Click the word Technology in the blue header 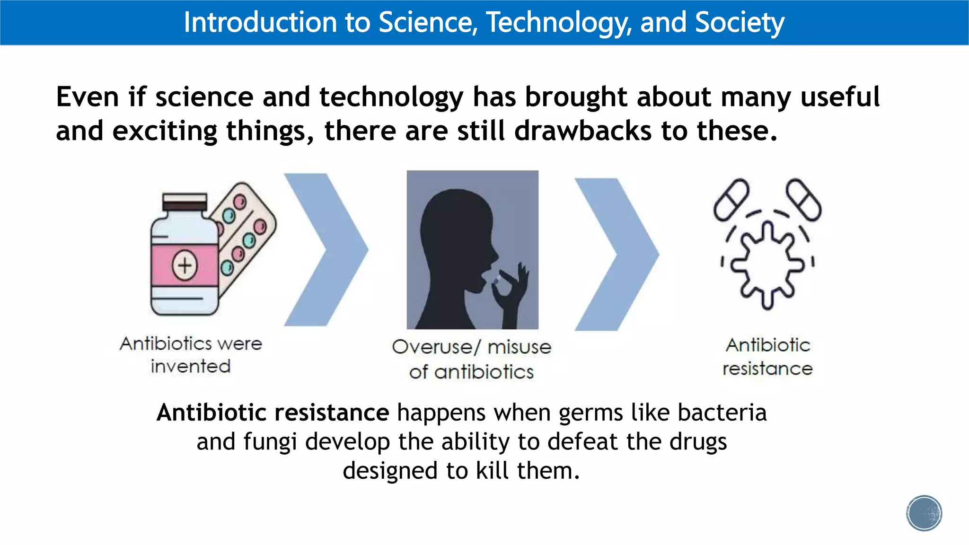[x=558, y=23]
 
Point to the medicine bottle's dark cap [x=185, y=202]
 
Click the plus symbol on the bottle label [x=185, y=265]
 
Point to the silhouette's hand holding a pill [x=511, y=289]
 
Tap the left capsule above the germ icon [x=731, y=199]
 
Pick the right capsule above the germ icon [x=804, y=199]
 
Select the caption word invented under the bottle [x=191, y=366]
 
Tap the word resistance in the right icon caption [x=767, y=369]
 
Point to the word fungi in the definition [x=270, y=442]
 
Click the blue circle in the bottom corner [x=924, y=513]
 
